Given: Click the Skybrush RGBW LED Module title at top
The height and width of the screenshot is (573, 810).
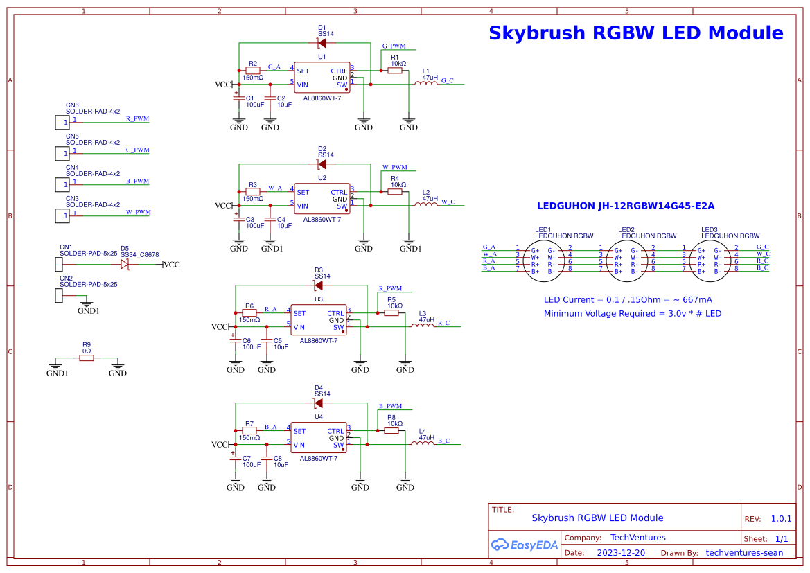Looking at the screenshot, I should click(x=636, y=33).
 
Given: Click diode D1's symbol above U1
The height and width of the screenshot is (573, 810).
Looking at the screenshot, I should click(x=321, y=43).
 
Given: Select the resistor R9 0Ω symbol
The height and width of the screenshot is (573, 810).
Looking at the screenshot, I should click(x=87, y=358).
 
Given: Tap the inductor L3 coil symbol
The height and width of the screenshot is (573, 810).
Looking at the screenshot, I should click(x=422, y=326).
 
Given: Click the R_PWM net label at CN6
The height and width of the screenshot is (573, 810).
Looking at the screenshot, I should click(x=137, y=119).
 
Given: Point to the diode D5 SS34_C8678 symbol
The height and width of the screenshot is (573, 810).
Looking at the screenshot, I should click(x=125, y=265).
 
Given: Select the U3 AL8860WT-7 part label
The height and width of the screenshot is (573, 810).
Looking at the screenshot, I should click(x=318, y=341).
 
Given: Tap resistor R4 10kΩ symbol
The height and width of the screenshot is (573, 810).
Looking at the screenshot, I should click(x=395, y=192).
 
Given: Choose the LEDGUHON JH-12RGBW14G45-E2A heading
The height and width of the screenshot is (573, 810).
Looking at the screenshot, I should click(x=626, y=206).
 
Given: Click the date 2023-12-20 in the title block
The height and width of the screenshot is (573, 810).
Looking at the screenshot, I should click(x=621, y=553).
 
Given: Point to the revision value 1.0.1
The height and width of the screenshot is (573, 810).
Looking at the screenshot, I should click(x=781, y=519).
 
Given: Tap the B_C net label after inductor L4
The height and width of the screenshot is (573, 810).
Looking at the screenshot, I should click(x=443, y=441).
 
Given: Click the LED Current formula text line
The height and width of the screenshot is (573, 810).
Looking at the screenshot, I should click(x=628, y=300).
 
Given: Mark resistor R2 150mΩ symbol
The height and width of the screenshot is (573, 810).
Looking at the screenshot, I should click(x=253, y=71).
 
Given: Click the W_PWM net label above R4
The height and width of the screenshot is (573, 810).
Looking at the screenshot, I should click(x=395, y=168).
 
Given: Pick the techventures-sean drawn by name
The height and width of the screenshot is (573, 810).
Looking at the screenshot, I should click(x=744, y=553).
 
